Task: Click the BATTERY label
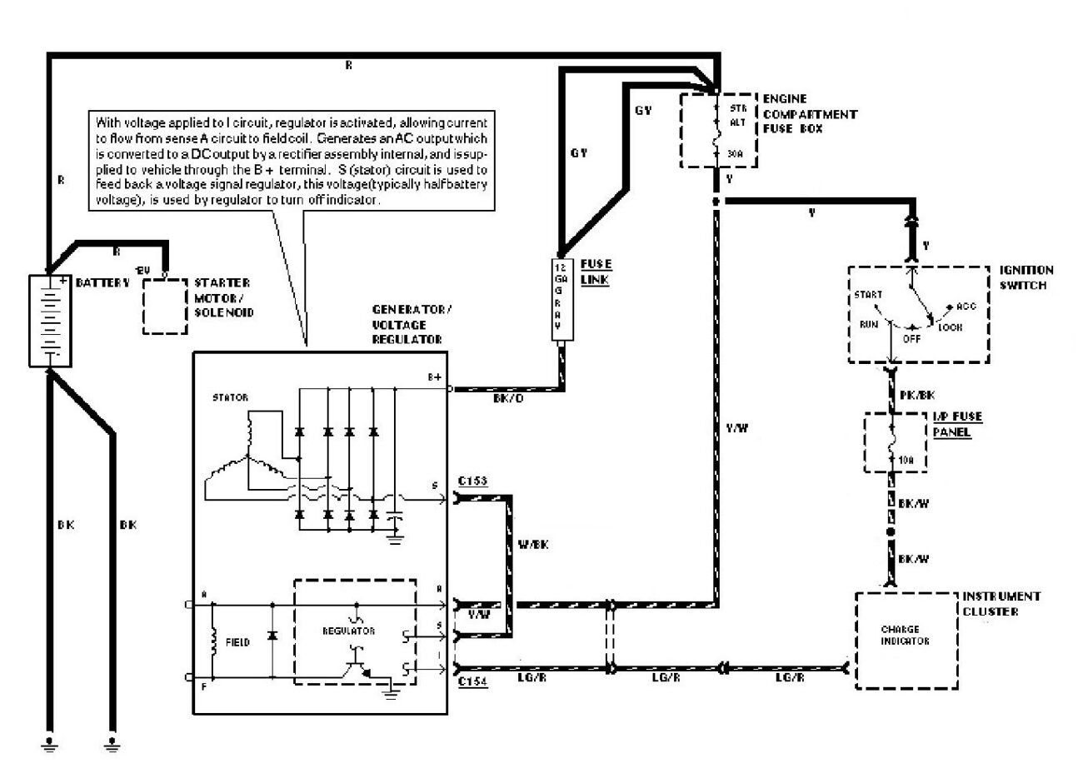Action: pyautogui.click(x=102, y=283)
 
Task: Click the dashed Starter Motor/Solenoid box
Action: pyautogui.click(x=164, y=306)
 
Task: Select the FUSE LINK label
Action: pyautogui.click(x=596, y=272)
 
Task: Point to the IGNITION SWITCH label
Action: pyautogui.click(x=1026, y=277)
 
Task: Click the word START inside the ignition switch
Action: pyautogui.click(x=867, y=295)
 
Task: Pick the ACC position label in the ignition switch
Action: pyautogui.click(x=967, y=306)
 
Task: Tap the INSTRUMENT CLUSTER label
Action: pyautogui.click(x=1001, y=604)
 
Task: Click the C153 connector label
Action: pyautogui.click(x=472, y=481)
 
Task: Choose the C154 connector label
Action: pyautogui.click(x=472, y=681)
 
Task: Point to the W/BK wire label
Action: pyautogui.click(x=533, y=545)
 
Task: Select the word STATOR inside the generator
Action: pyautogui.click(x=230, y=397)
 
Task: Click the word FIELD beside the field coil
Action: pyautogui.click(x=238, y=644)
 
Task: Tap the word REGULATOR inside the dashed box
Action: pyautogui.click(x=348, y=631)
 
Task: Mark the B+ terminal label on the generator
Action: pyautogui.click(x=435, y=377)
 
